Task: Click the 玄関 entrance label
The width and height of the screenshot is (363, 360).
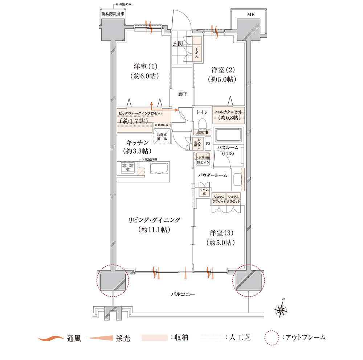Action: point(178,44)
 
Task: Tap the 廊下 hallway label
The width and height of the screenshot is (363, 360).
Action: point(182,94)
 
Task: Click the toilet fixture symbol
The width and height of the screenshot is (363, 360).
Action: point(202,123)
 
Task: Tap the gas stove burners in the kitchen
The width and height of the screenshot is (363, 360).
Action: point(128,167)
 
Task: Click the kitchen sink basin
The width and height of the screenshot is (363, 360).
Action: point(159,169)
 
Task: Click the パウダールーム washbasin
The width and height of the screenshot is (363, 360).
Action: point(237,179)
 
